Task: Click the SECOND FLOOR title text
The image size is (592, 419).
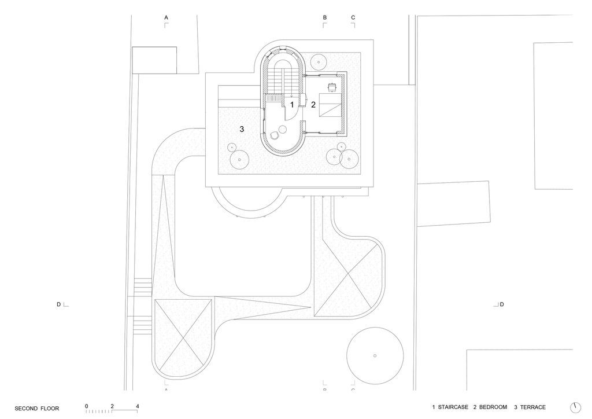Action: point(36,409)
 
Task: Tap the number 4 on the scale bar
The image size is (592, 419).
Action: point(138,406)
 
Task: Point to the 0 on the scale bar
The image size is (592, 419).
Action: point(87,406)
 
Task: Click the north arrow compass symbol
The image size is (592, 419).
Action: point(575,407)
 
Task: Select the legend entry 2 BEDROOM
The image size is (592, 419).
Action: point(490,407)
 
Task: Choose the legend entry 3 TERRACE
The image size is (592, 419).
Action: point(530,407)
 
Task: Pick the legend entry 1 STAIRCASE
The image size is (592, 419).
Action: point(450,407)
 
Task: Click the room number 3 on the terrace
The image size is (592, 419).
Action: point(242,129)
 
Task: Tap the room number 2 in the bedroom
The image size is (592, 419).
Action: point(313,105)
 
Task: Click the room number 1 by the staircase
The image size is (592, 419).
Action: point(291,105)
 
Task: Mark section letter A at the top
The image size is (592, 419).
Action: point(166,17)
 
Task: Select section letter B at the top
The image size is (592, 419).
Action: point(325,17)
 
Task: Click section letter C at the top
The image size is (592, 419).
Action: point(353,17)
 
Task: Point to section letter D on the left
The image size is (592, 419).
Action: point(58,304)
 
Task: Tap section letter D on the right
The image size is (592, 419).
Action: point(502,304)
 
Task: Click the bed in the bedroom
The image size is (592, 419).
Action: point(331,104)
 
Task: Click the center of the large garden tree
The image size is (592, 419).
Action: point(375,355)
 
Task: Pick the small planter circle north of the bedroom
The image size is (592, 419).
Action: point(319,61)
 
